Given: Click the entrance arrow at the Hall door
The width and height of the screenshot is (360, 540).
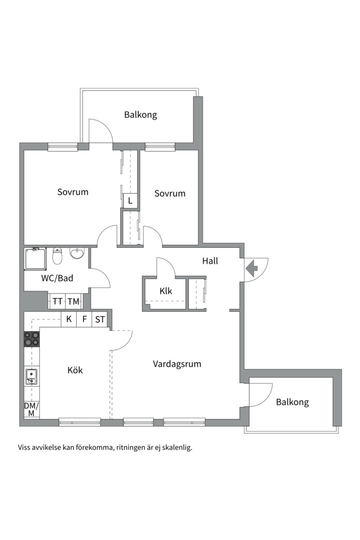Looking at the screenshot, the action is tap(251, 268).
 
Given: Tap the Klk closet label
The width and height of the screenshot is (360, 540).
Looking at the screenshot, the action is tap(165, 291).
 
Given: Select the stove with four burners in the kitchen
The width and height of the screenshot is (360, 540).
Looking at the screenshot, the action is tap(31, 338).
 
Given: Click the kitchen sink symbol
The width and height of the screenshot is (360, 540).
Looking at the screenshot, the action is tap(31, 376).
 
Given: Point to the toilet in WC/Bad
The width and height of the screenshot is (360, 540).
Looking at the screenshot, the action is tap(57, 255).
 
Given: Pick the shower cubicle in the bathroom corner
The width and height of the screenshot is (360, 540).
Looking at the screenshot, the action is tap(35, 258).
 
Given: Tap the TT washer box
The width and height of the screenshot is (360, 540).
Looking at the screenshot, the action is tap(57, 301).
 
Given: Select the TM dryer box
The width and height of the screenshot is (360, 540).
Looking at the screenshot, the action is tap(73, 301).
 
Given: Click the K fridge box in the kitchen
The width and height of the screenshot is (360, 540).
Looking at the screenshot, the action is tap(69, 319).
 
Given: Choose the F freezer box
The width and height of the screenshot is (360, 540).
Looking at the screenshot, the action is tap(84, 319).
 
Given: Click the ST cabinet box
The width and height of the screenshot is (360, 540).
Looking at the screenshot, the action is tap(100, 319).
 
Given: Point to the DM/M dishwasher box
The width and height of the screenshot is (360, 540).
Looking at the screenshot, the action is tap(31, 409).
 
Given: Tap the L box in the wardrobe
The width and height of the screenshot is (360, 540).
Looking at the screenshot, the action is tap(130, 200).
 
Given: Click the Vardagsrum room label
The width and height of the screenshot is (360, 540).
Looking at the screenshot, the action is tap(177, 364).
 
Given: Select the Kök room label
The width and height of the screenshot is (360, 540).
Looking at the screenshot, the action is tap(75, 370).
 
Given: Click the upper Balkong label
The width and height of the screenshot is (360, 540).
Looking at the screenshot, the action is tap(140, 114).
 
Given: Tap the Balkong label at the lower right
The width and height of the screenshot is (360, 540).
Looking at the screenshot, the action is tap(292, 402).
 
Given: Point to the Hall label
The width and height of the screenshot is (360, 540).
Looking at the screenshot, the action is tap(210, 261).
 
